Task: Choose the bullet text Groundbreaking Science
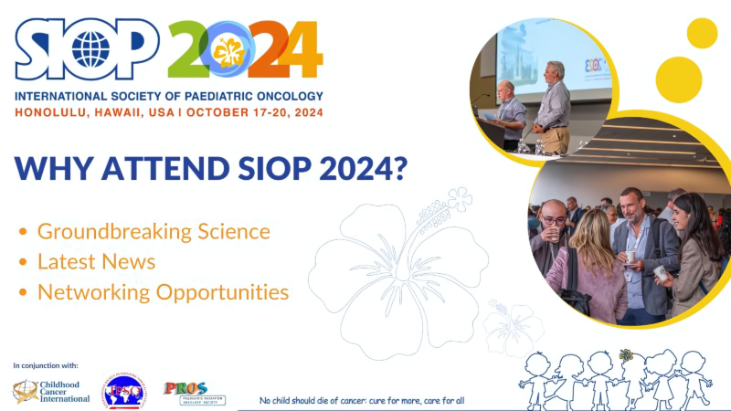point(154,231)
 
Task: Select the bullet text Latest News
point(96,261)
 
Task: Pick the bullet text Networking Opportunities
point(163,292)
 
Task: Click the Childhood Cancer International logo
point(51,391)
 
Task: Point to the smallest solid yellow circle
point(702,33)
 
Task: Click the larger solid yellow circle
point(679,79)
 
